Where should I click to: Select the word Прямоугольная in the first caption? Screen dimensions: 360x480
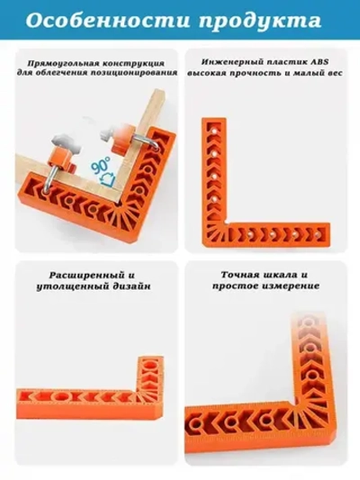tap(63, 63)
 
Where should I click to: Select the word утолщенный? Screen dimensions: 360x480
tap(70, 287)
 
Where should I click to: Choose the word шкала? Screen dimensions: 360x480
tap(280, 275)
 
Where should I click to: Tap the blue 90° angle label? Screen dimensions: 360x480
tap(101, 166)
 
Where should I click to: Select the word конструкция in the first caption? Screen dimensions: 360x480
tap(133, 63)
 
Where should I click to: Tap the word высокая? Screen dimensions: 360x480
tap(207, 74)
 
